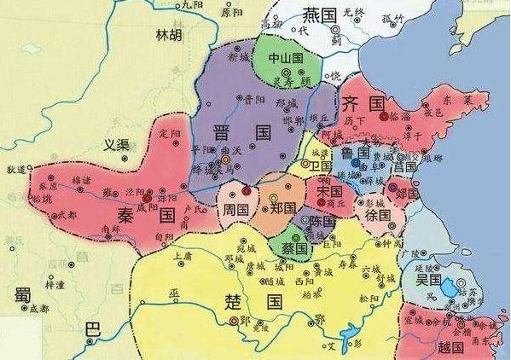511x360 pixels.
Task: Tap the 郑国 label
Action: (x=282, y=208)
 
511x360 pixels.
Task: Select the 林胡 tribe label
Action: (x=169, y=36)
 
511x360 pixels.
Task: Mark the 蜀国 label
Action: (x=24, y=294)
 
